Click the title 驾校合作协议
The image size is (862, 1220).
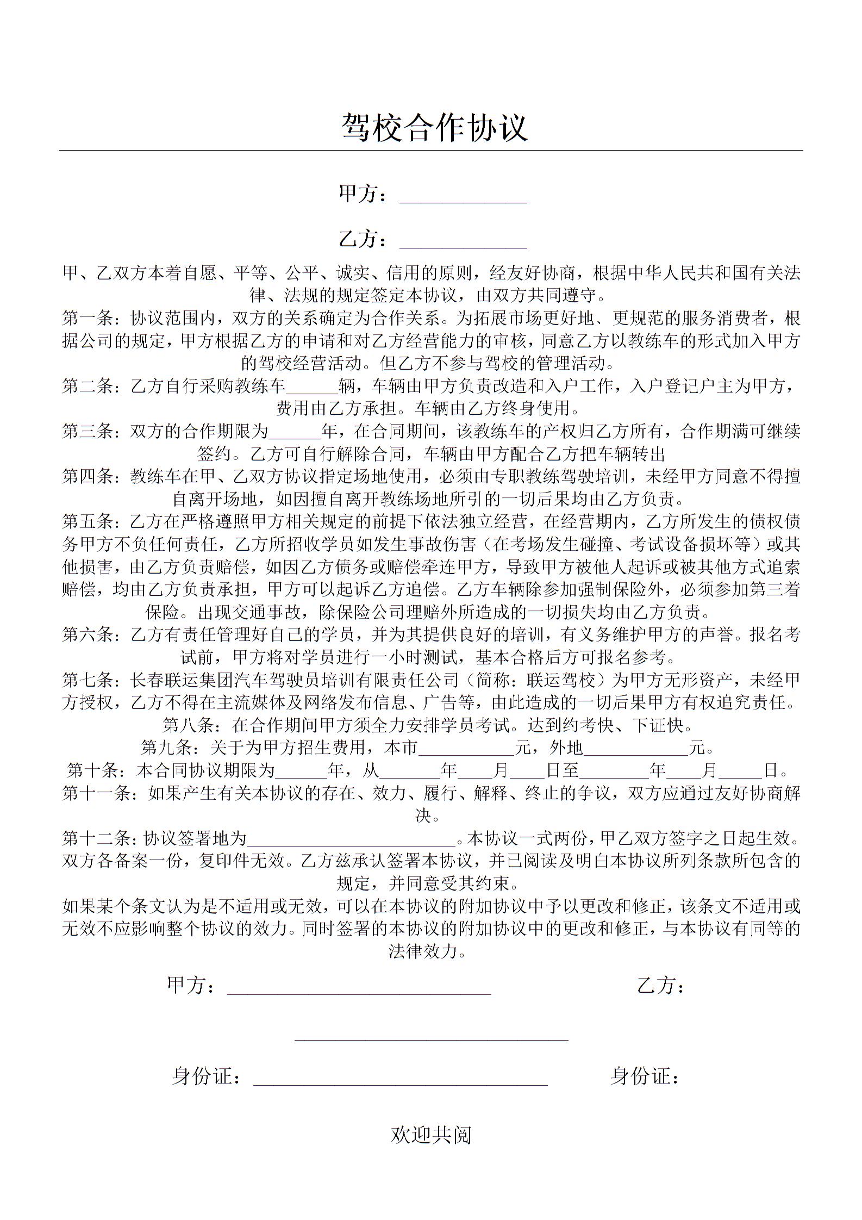point(434,128)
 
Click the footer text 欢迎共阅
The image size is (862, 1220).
point(430,1135)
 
